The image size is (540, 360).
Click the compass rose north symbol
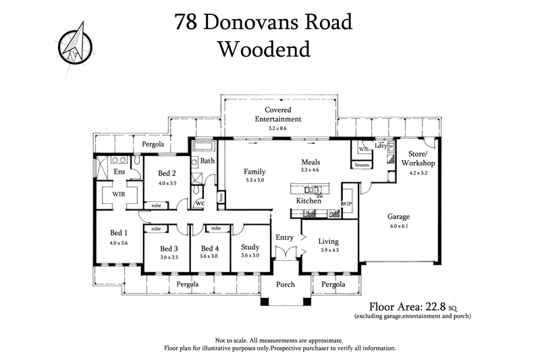tap(74, 43)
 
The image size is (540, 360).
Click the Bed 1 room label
tap(119, 232)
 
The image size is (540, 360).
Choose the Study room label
tap(250, 247)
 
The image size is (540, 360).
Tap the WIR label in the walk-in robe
tap(119, 194)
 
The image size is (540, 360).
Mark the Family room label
tap(254, 172)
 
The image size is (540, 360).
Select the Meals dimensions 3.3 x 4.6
tap(311, 172)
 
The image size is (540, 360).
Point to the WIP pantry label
tap(348, 203)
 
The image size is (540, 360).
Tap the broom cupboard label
tap(362, 165)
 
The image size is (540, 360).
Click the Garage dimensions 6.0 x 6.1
tap(398, 227)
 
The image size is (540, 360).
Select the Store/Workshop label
tap(418, 159)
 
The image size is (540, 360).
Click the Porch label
tap(286, 285)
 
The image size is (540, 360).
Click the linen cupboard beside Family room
tap(221, 197)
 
